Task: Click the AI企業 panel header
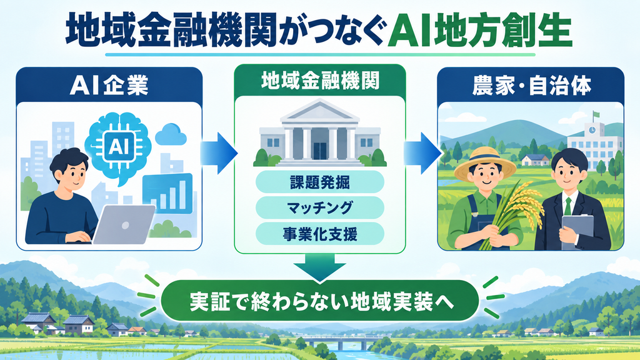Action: coord(109,85)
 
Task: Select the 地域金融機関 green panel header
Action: coord(320,81)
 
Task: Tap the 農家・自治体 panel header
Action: coord(531,85)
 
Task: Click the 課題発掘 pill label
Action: coord(320,182)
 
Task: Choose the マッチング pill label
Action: coord(320,207)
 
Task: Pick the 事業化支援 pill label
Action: coord(320,234)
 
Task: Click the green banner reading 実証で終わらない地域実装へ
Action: coord(319,301)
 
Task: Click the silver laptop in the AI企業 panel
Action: coord(124,224)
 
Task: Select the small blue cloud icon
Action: coord(170,134)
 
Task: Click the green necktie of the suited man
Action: coord(567,206)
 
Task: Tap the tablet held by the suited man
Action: coord(577,231)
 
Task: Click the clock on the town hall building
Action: coord(591,130)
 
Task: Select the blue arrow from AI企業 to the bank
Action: coord(219,153)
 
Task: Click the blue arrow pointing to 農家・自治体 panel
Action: coord(422,153)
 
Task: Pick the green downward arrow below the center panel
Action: coord(320,267)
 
